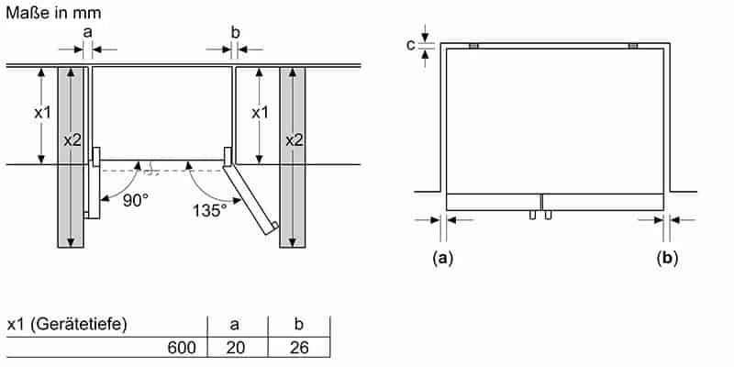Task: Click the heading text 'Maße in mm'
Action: (x=51, y=13)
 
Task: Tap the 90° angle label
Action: (x=135, y=198)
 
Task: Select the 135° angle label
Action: (x=209, y=210)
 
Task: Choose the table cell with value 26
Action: (x=298, y=348)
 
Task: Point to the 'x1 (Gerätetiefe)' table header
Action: (x=66, y=324)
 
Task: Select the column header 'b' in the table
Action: (x=298, y=324)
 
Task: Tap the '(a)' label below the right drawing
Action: (x=443, y=258)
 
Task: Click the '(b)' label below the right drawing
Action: (x=667, y=258)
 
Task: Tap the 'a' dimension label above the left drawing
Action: (x=88, y=32)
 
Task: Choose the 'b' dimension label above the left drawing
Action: (x=235, y=32)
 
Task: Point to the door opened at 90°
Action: (x=93, y=188)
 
